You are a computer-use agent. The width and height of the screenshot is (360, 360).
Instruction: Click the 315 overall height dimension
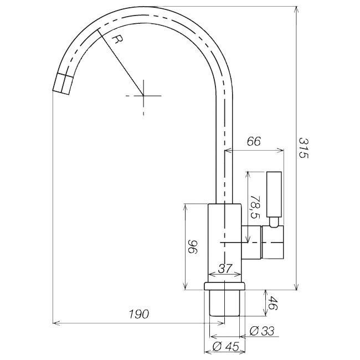(x=303, y=148)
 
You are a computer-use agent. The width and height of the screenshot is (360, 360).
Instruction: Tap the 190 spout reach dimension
(x=139, y=314)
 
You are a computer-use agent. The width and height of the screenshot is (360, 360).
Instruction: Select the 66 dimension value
(x=254, y=141)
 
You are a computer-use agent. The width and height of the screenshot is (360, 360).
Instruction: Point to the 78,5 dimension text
(x=255, y=207)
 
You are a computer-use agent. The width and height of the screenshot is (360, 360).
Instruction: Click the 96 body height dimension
(x=192, y=246)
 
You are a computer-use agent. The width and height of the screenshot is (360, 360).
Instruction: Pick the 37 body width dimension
(x=225, y=269)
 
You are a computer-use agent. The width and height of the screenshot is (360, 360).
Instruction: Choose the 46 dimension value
(x=273, y=303)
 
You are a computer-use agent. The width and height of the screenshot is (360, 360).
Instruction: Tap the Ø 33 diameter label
(x=262, y=331)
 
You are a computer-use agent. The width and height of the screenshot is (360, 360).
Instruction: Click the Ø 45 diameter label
(x=226, y=347)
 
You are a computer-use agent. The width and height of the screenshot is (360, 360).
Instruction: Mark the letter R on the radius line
(x=118, y=40)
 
